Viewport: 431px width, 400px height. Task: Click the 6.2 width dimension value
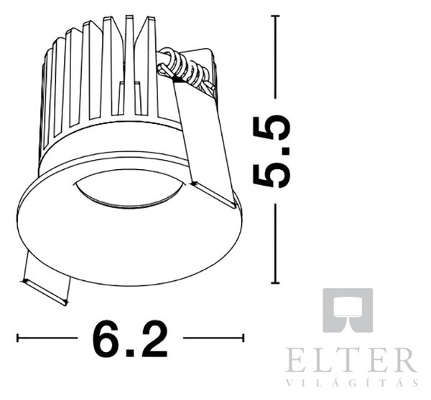pyautogui.click(x=130, y=338)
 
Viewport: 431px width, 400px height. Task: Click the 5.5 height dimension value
pyautogui.click(x=272, y=152)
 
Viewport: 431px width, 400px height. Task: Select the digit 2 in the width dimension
pyautogui.click(x=153, y=338)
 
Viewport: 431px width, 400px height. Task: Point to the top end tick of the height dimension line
pyautogui.click(x=275, y=16)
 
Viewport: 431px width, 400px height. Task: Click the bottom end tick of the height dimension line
pyautogui.click(x=275, y=282)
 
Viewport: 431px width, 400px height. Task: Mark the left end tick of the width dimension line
pyautogui.click(x=17, y=338)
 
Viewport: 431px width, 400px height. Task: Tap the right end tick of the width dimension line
pyautogui.click(x=243, y=338)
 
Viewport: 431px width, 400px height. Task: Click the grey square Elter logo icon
pyautogui.click(x=348, y=310)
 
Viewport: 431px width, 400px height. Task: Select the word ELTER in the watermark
pyautogui.click(x=351, y=360)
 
